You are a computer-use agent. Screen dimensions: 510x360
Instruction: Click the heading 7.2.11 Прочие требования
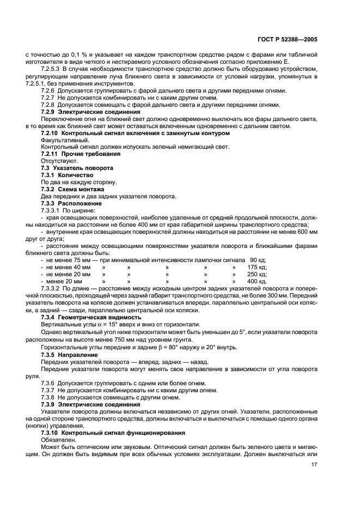click(x=81, y=154)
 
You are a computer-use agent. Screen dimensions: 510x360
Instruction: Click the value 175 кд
click(x=257, y=267)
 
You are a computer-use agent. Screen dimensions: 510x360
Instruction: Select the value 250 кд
click(x=257, y=274)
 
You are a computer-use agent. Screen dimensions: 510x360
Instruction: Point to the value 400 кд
click(x=257, y=281)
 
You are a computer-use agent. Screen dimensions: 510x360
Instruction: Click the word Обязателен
click(x=58, y=439)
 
